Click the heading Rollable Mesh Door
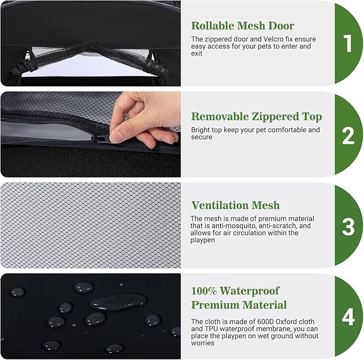click(x=243, y=26)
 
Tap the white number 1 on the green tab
click(x=348, y=43)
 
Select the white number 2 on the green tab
click(x=348, y=135)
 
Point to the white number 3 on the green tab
click(x=348, y=226)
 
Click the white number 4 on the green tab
click(x=348, y=317)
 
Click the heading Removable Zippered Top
click(x=257, y=116)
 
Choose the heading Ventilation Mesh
click(x=235, y=205)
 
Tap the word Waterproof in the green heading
click(x=250, y=291)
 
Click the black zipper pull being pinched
click(x=102, y=139)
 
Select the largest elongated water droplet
click(x=118, y=301)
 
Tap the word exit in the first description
click(x=197, y=54)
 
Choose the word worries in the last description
click(x=203, y=343)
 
